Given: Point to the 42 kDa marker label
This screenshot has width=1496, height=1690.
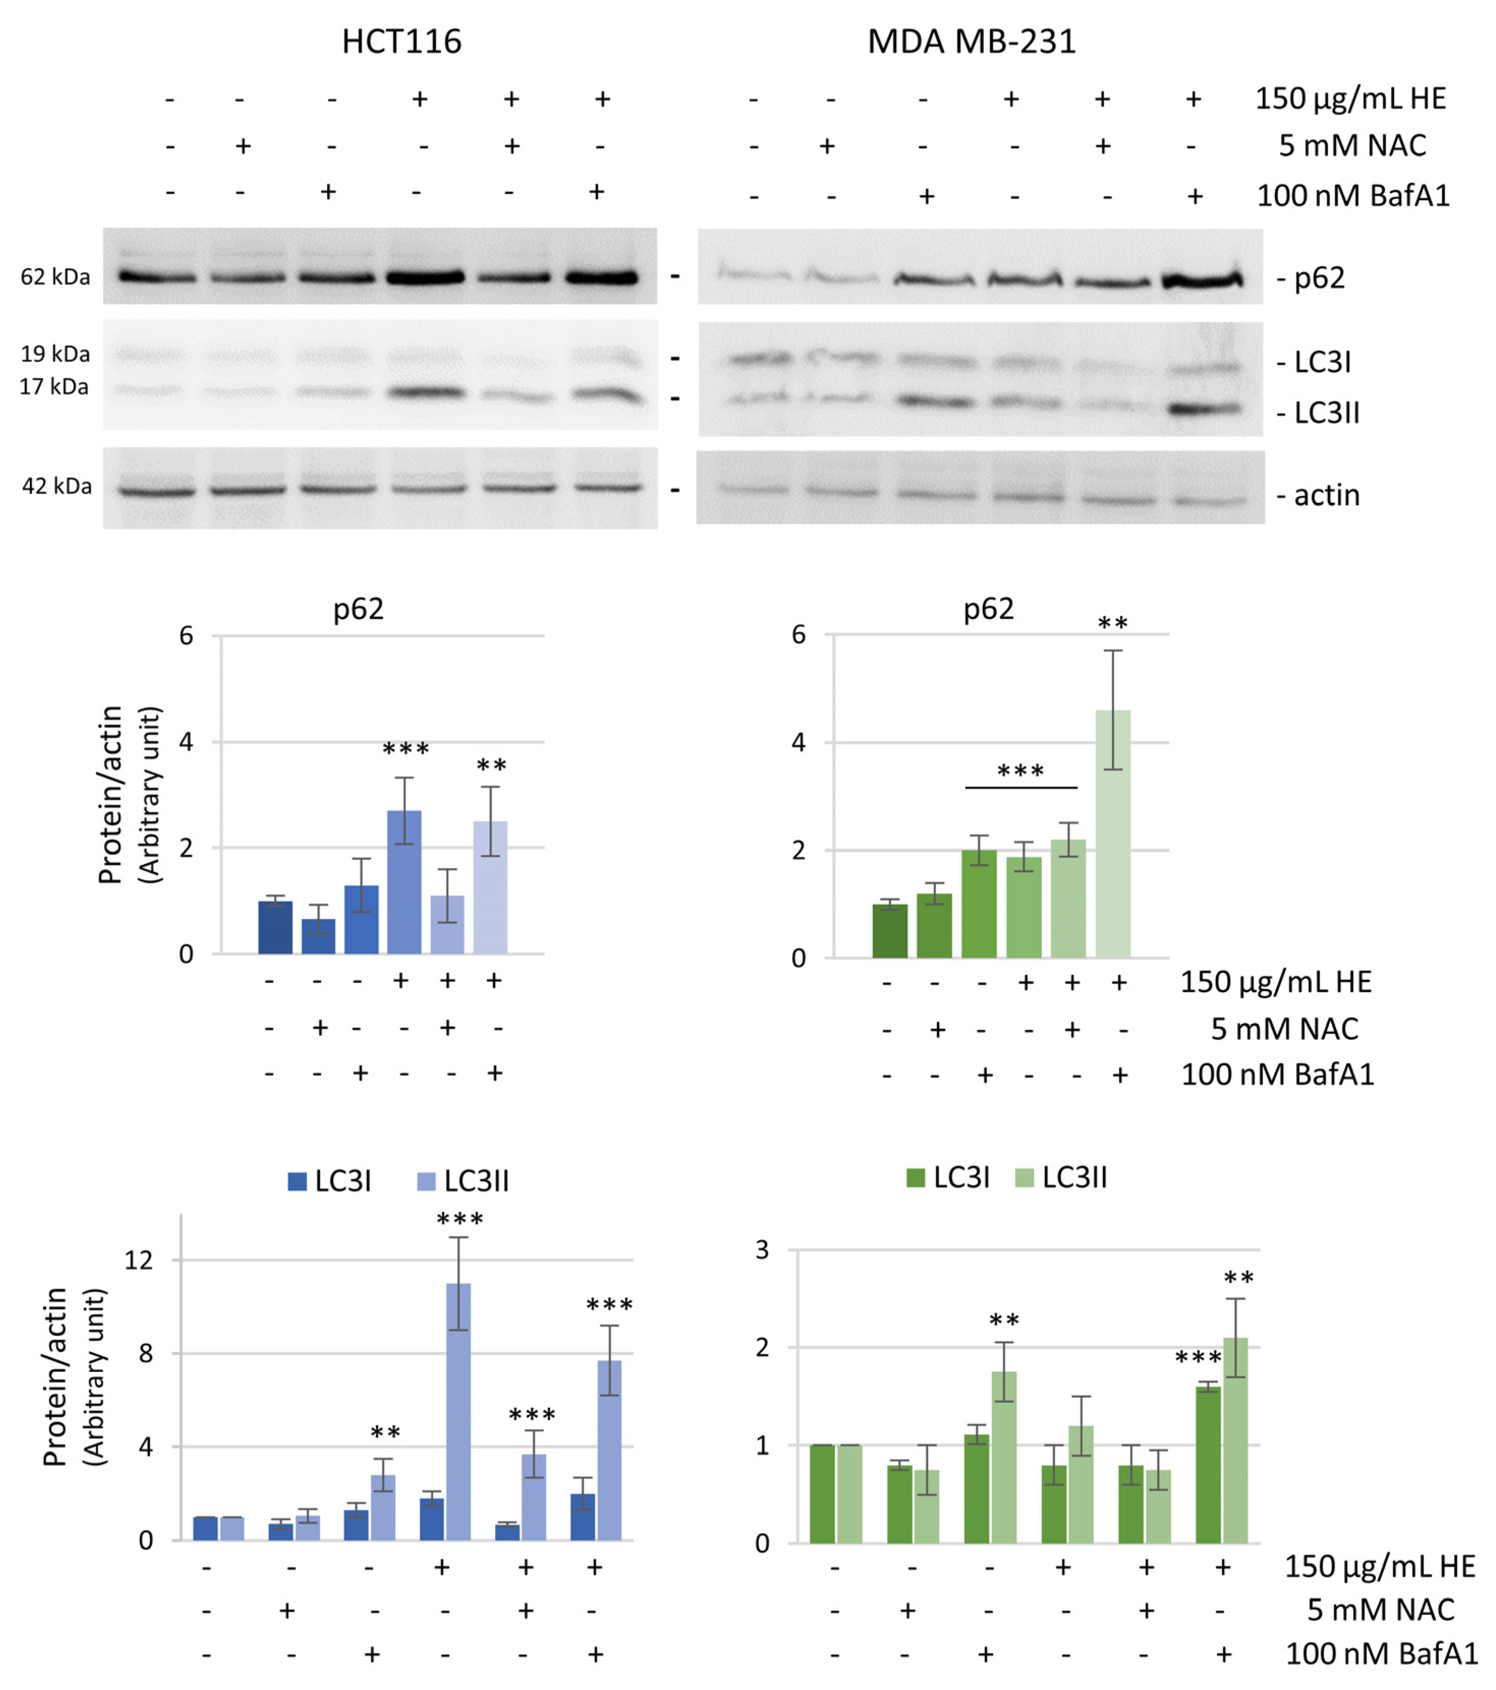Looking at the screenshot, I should point(56,486).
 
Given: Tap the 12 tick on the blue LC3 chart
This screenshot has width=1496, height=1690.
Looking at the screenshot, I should point(138,1260).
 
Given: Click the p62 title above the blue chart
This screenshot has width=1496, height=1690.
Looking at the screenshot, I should point(358,609).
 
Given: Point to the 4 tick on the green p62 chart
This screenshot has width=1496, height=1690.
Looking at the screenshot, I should point(798,743).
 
